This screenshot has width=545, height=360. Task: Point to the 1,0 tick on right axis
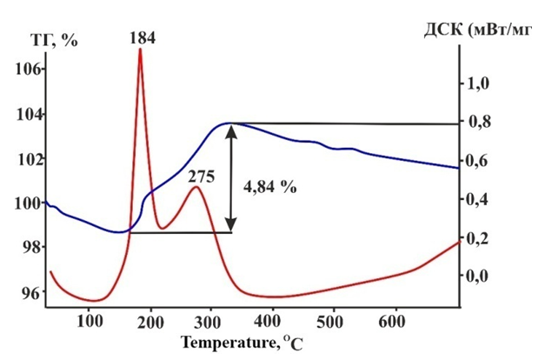pyautogui.click(x=480, y=83)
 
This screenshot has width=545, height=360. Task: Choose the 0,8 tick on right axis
pyautogui.click(x=480, y=123)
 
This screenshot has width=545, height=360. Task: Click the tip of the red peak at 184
pyautogui.click(x=140, y=50)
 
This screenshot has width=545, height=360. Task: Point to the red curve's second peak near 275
pyautogui.click(x=196, y=187)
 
